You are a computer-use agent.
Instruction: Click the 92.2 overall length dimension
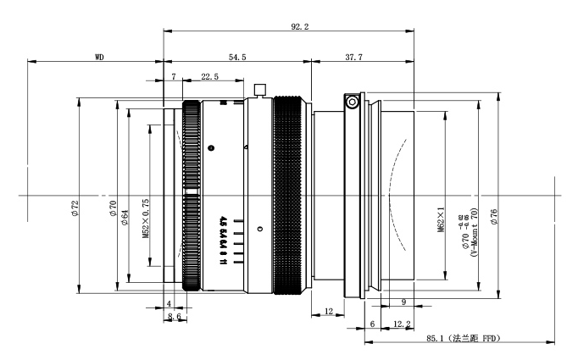[299, 27]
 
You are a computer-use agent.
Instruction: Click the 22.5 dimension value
[210, 76]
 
